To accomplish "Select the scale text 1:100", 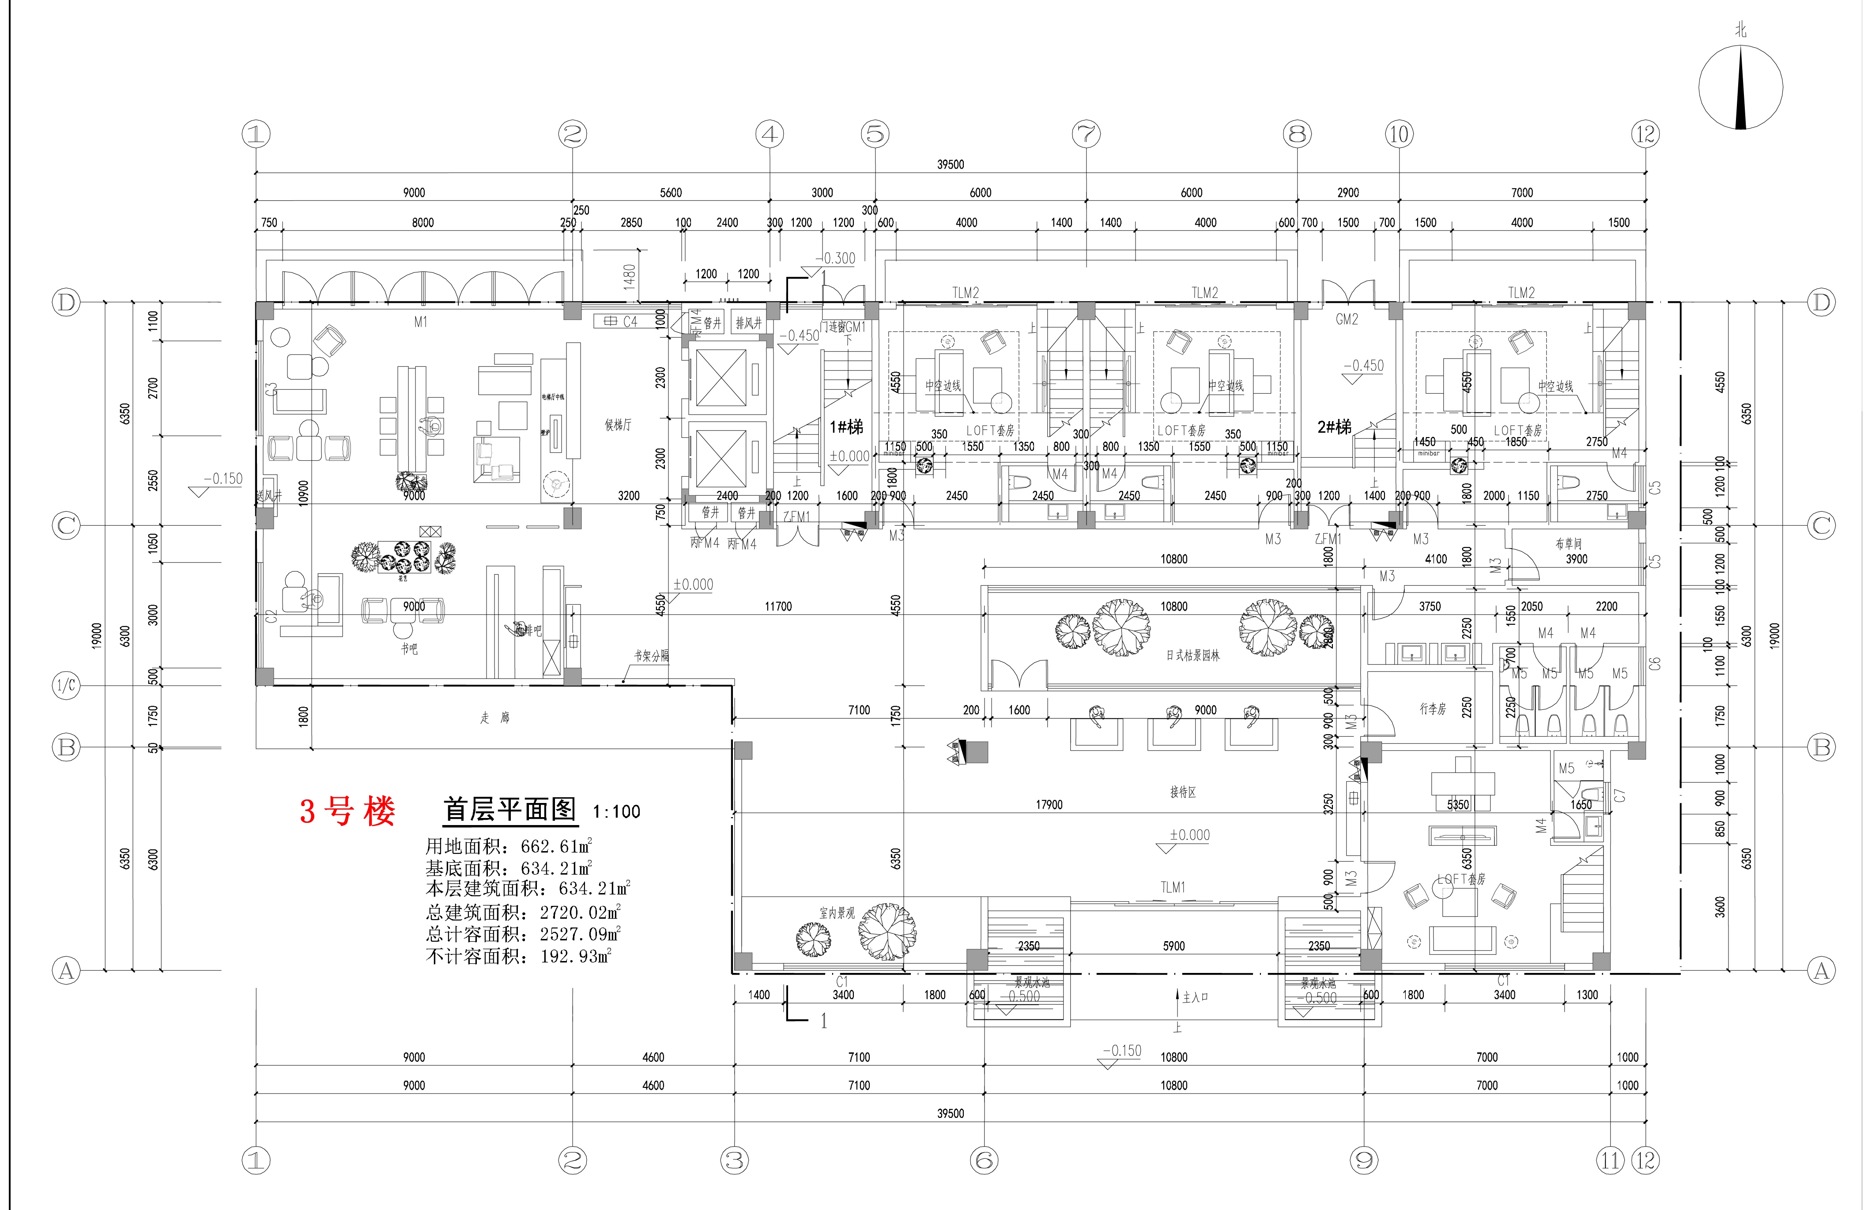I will (616, 811).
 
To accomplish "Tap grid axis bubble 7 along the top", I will (1086, 134).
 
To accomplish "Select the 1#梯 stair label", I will (846, 427).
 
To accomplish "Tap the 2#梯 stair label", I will (1334, 427).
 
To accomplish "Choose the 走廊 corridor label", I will (494, 717).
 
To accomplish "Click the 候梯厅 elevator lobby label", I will (618, 425).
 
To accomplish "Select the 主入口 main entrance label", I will (1195, 997).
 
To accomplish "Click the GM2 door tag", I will (1347, 319).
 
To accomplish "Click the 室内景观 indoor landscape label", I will (837, 912).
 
